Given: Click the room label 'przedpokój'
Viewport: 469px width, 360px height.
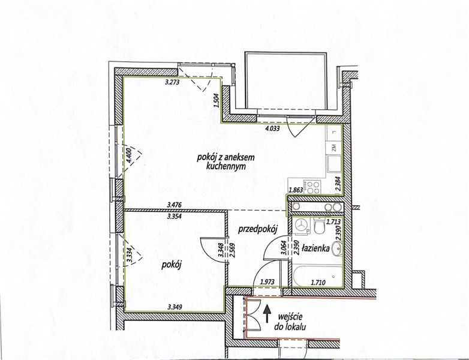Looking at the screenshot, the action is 258,230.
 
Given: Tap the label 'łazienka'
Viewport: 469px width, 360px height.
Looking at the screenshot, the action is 315,248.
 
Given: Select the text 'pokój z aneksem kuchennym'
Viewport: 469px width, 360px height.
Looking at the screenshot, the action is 226,162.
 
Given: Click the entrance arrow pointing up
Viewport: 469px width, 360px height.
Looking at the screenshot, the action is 267,314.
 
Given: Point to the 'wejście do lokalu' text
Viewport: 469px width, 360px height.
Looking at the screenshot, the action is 290,322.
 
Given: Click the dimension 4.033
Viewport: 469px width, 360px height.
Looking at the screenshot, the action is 272,129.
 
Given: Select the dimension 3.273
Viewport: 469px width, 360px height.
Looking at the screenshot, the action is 172,82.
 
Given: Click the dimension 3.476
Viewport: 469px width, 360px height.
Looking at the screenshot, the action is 175,205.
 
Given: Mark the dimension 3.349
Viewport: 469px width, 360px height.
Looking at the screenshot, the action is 175,307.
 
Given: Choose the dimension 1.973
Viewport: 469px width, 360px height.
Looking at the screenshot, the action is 267,281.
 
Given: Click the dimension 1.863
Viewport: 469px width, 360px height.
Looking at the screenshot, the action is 296,190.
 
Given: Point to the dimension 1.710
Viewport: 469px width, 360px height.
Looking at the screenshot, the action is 318,281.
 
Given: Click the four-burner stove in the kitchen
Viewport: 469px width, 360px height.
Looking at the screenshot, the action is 312,187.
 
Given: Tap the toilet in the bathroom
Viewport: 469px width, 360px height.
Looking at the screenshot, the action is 320,226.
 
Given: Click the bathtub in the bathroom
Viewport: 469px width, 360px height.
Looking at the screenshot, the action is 318,275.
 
